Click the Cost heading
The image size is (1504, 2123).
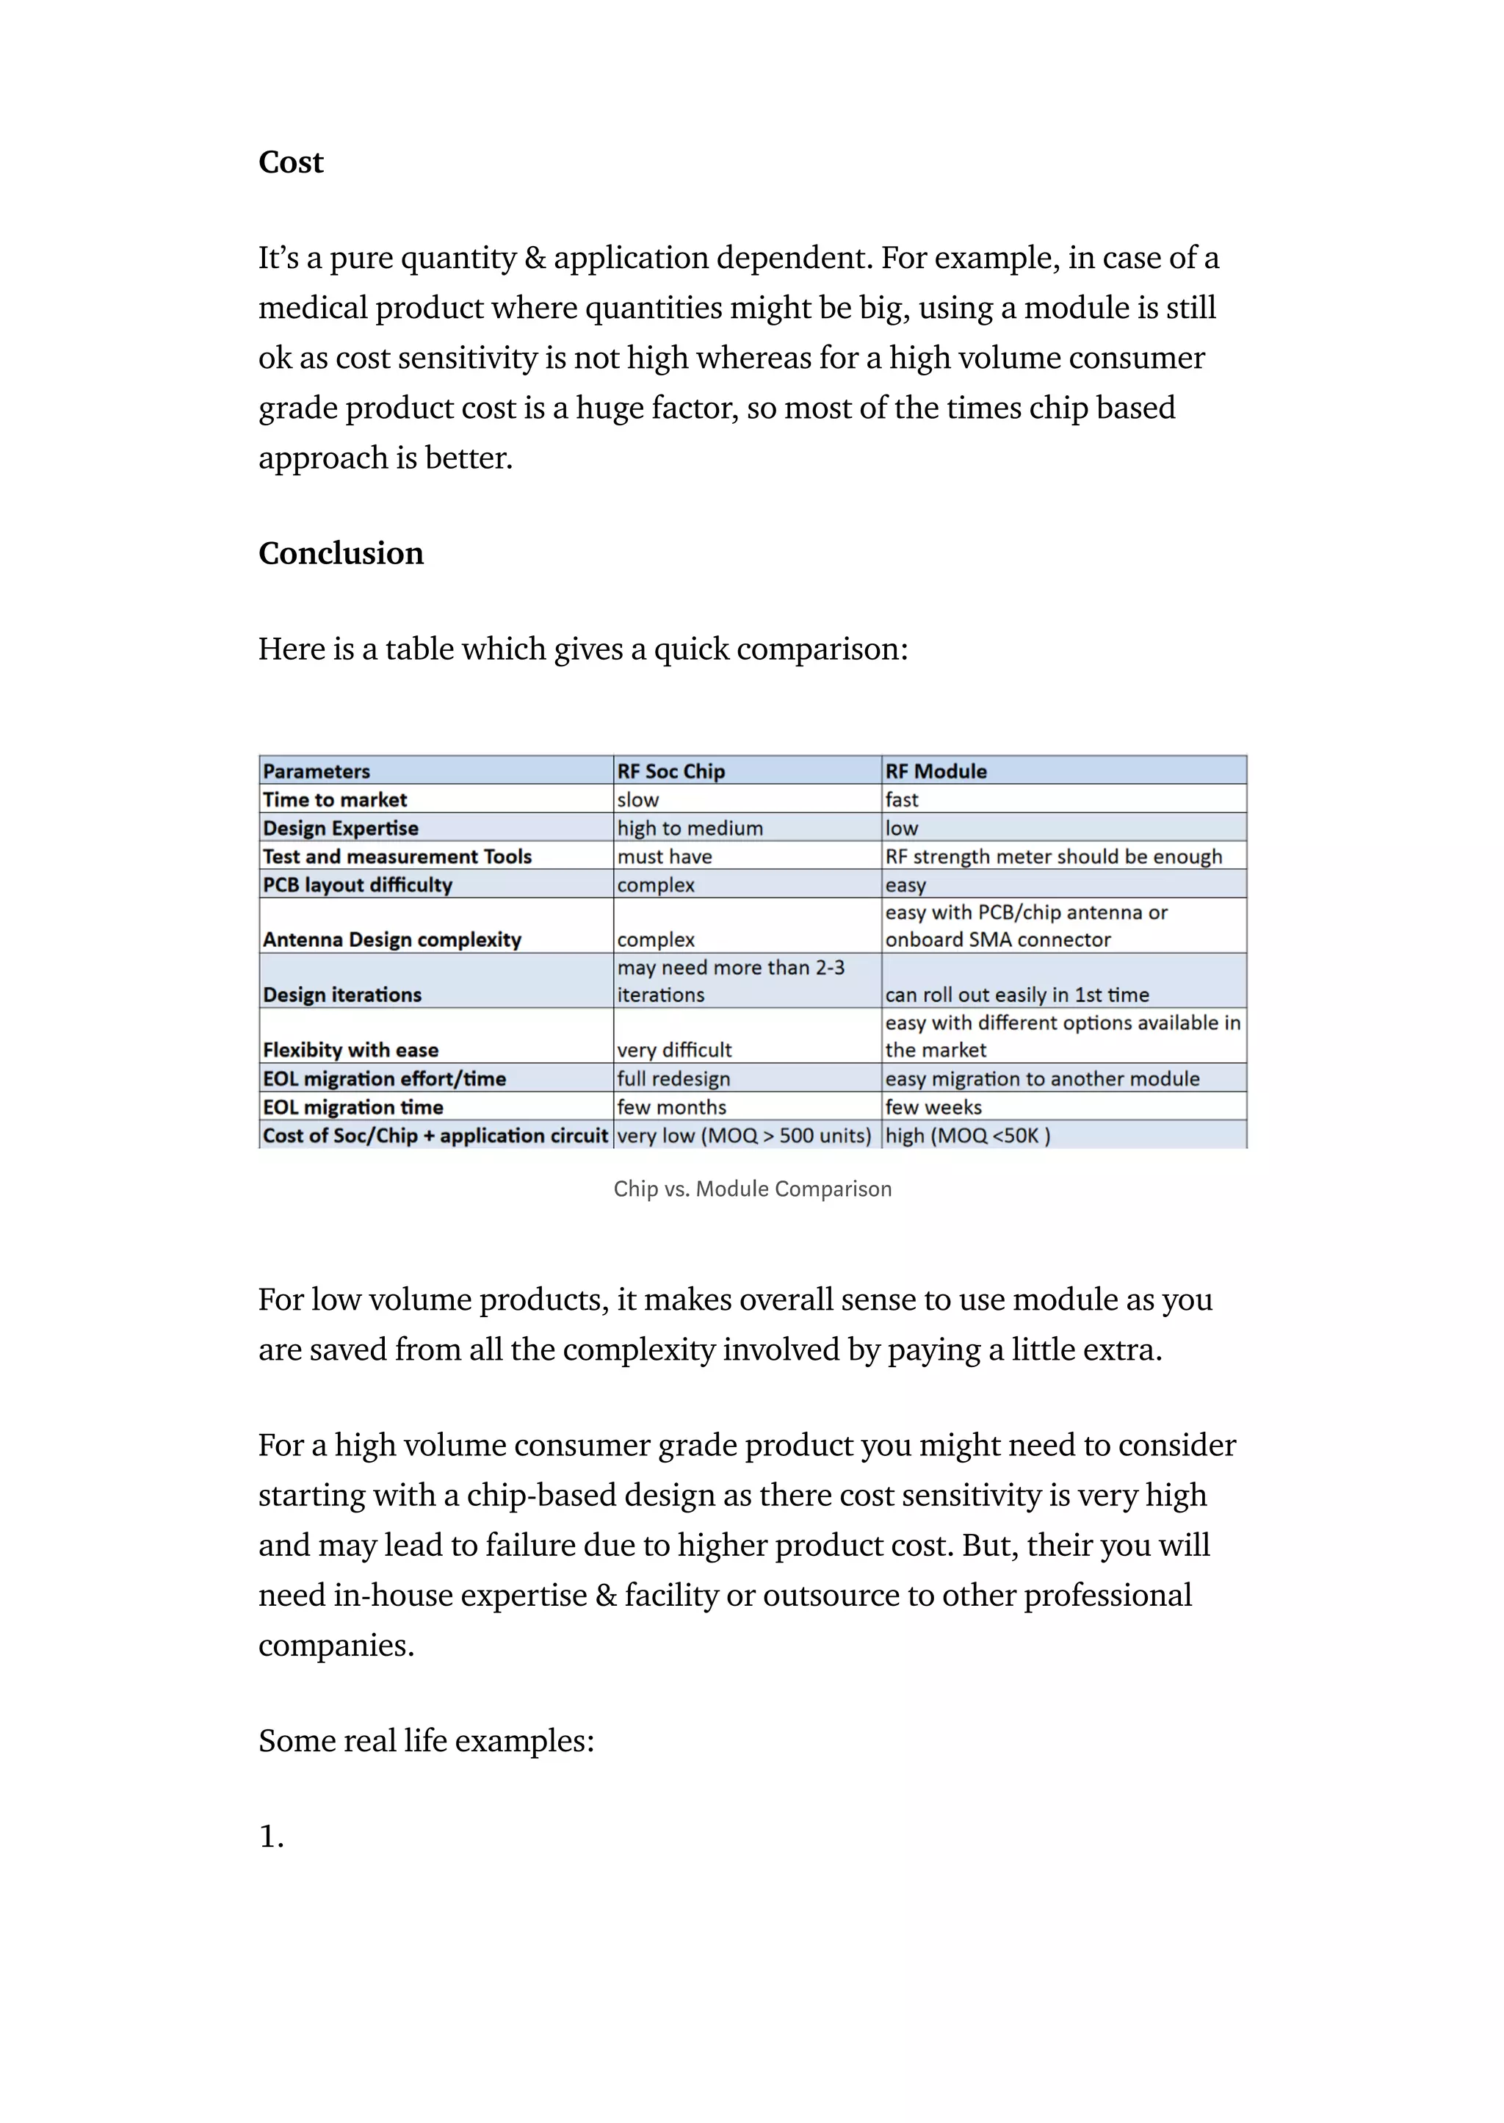(291, 162)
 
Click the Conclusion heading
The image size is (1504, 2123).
(341, 553)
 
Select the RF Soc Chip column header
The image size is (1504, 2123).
(670, 771)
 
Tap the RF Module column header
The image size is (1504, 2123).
(936, 771)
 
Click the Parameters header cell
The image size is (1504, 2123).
(317, 771)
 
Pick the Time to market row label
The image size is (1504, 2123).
(336, 799)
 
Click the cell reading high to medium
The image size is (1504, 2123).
(690, 828)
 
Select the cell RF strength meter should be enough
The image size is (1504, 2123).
(1053, 856)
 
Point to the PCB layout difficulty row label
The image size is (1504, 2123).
(358, 884)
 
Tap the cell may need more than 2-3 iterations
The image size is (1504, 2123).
(731, 981)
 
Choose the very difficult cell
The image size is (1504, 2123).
(674, 1050)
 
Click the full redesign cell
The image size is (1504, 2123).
(673, 1078)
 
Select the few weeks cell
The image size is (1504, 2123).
(933, 1107)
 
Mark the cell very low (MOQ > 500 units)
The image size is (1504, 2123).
(744, 1136)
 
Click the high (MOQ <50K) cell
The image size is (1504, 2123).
(968, 1136)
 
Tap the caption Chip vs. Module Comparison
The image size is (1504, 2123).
(752, 1189)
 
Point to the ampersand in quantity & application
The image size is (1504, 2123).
(535, 258)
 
